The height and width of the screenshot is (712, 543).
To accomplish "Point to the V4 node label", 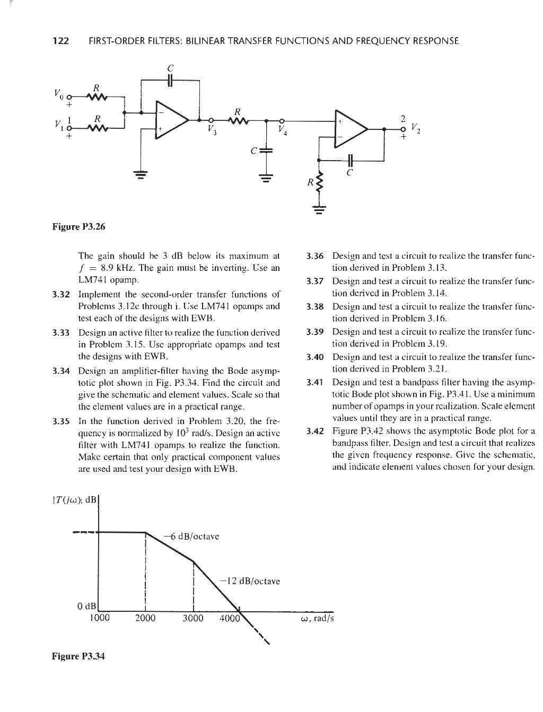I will click(282, 131).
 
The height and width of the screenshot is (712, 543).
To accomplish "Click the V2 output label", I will click(416, 128).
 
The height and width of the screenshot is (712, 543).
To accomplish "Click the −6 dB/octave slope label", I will click(192, 536).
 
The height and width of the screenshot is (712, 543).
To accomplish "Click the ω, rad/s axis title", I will click(317, 619).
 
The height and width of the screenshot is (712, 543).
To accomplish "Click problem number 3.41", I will click(315, 382).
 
